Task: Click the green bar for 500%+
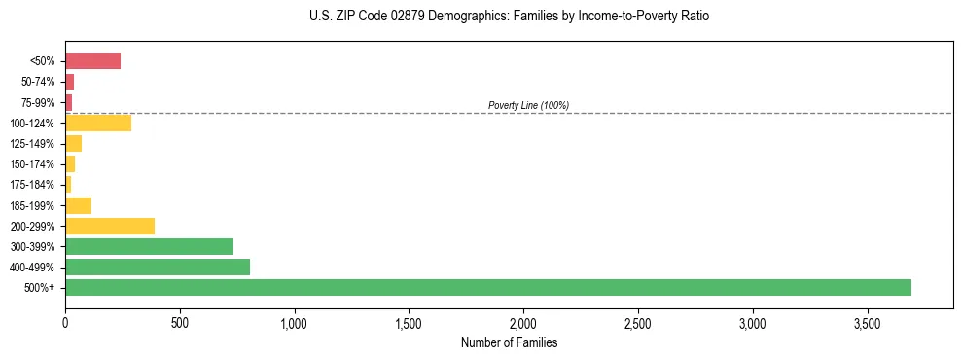point(487,287)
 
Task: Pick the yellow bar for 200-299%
point(110,226)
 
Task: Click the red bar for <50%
point(92,61)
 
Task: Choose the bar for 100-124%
point(98,123)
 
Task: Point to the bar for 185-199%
point(78,205)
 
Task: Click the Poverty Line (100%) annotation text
point(528,105)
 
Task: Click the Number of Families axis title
point(509,342)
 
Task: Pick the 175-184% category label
point(33,185)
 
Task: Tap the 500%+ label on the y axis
point(41,288)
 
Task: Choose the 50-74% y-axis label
point(37,82)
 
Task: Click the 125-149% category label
point(33,144)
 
